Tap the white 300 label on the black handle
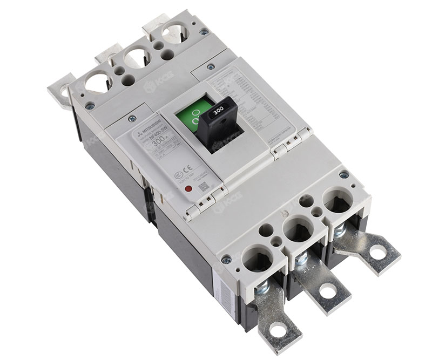click(x=218, y=110)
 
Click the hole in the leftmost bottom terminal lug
click(x=277, y=329)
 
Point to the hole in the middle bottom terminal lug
click(x=327, y=291)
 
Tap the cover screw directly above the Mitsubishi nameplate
click(x=132, y=115)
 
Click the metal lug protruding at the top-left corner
click(x=59, y=90)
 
